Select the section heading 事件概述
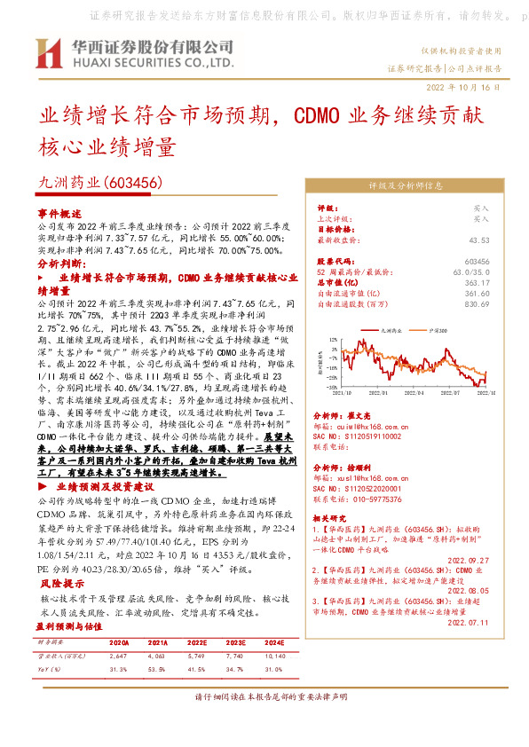(x=59, y=215)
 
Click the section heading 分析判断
(x=59, y=264)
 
